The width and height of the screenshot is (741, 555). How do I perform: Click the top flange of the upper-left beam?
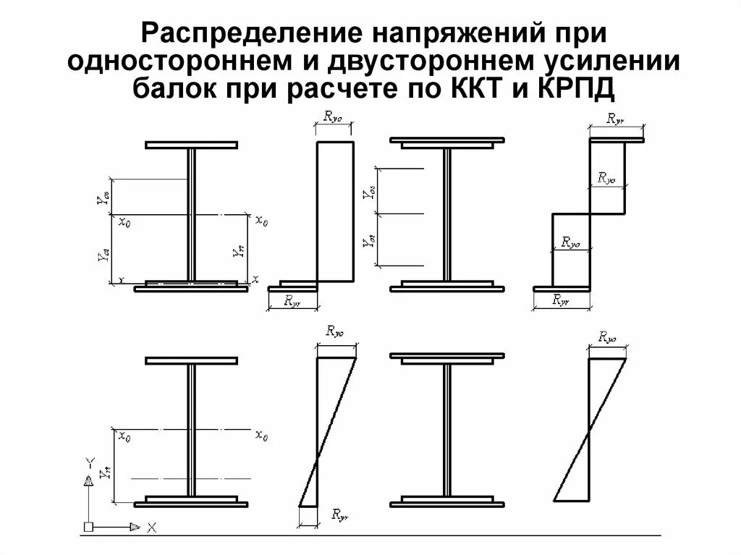pyautogui.click(x=192, y=145)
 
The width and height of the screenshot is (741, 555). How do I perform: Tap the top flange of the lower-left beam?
pyautogui.click(x=192, y=360)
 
